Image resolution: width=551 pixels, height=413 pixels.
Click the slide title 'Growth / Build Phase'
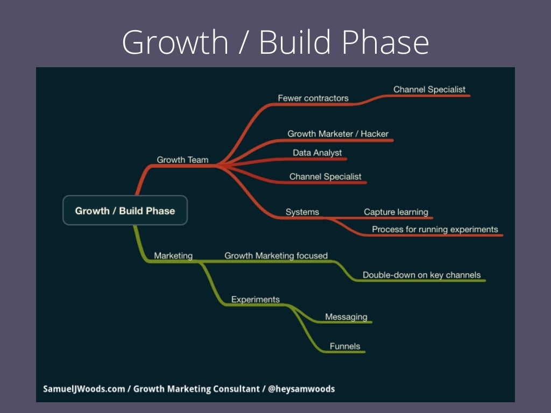[275, 42]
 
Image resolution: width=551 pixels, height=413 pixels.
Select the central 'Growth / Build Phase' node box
[125, 210]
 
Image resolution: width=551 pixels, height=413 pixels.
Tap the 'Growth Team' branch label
[182, 160]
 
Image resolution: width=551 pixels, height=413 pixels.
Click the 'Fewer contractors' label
[313, 98]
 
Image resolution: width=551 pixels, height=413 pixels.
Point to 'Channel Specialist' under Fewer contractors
[429, 89]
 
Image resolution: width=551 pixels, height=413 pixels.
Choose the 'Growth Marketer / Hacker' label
[337, 133]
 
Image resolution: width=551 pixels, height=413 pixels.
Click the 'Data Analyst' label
[317, 153]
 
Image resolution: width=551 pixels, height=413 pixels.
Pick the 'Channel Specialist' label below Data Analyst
[325, 176]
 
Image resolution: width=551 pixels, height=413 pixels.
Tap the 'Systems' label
[302, 212]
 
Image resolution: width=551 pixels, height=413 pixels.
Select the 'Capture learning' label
[395, 212]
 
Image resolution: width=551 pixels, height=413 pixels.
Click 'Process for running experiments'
[435, 229]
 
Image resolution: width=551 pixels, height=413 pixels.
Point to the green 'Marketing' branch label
[173, 255]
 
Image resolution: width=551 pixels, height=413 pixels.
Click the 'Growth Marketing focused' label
[275, 255]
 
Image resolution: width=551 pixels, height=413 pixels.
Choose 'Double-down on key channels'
[421, 275]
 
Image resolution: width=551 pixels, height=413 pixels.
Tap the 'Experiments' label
[255, 300]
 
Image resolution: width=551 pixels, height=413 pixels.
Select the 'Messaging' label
[346, 317]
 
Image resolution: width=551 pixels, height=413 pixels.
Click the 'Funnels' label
[344, 346]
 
